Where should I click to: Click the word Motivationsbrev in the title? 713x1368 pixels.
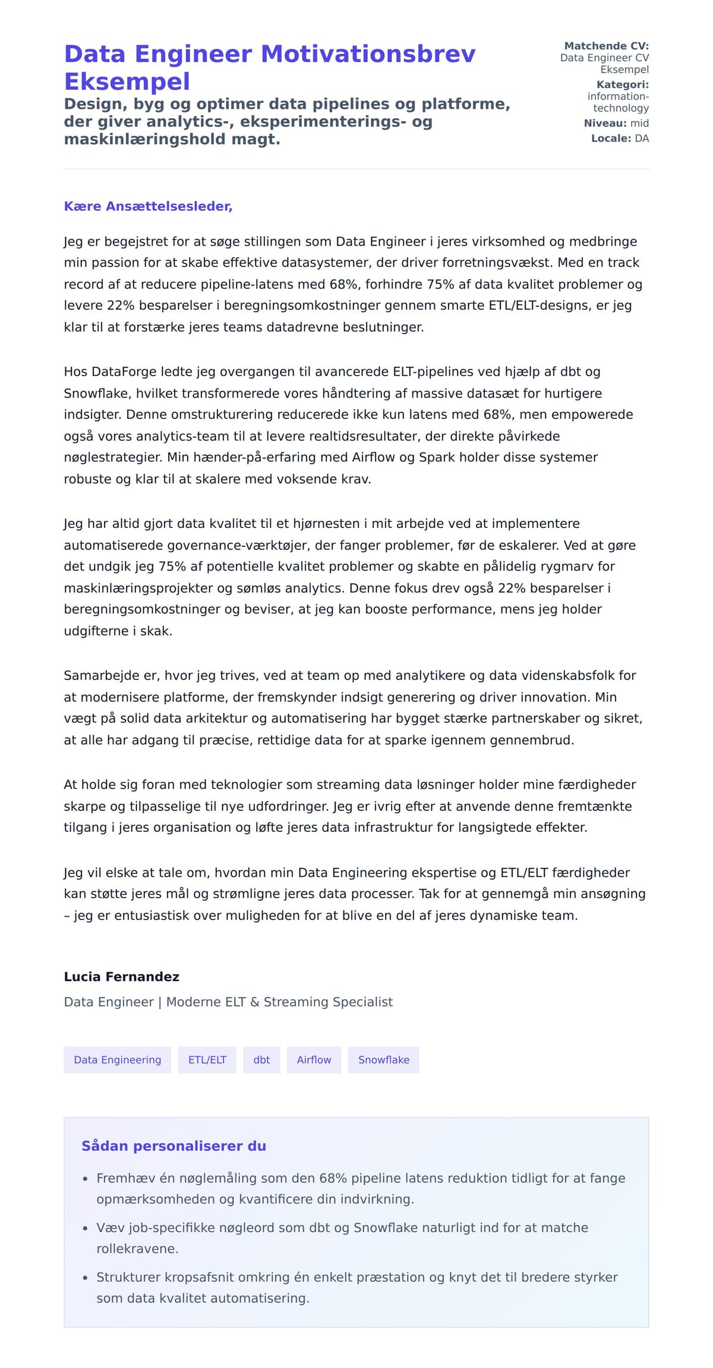coord(368,54)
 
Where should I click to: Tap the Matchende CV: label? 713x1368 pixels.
coord(606,46)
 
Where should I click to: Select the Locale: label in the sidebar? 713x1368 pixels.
coord(611,139)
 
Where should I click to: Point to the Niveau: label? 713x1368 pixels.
coord(605,124)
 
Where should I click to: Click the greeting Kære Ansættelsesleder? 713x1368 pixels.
coord(148,206)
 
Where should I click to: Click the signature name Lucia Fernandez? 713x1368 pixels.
coord(121,977)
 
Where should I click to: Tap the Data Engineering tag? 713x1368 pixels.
coord(117,1060)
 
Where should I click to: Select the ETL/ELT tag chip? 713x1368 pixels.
coord(207,1060)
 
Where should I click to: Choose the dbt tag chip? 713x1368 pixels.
coord(261,1060)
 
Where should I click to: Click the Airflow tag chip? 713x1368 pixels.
coord(314,1060)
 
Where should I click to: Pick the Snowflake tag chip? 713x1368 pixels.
coord(383,1060)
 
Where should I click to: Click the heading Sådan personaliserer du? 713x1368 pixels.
coord(173,1146)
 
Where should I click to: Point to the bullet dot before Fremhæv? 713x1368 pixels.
coord(85,1179)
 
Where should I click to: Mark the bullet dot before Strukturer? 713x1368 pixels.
coord(85,1278)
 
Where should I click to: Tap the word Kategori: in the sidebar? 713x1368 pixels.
coord(622,85)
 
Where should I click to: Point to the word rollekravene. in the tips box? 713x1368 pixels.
coord(137,1249)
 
